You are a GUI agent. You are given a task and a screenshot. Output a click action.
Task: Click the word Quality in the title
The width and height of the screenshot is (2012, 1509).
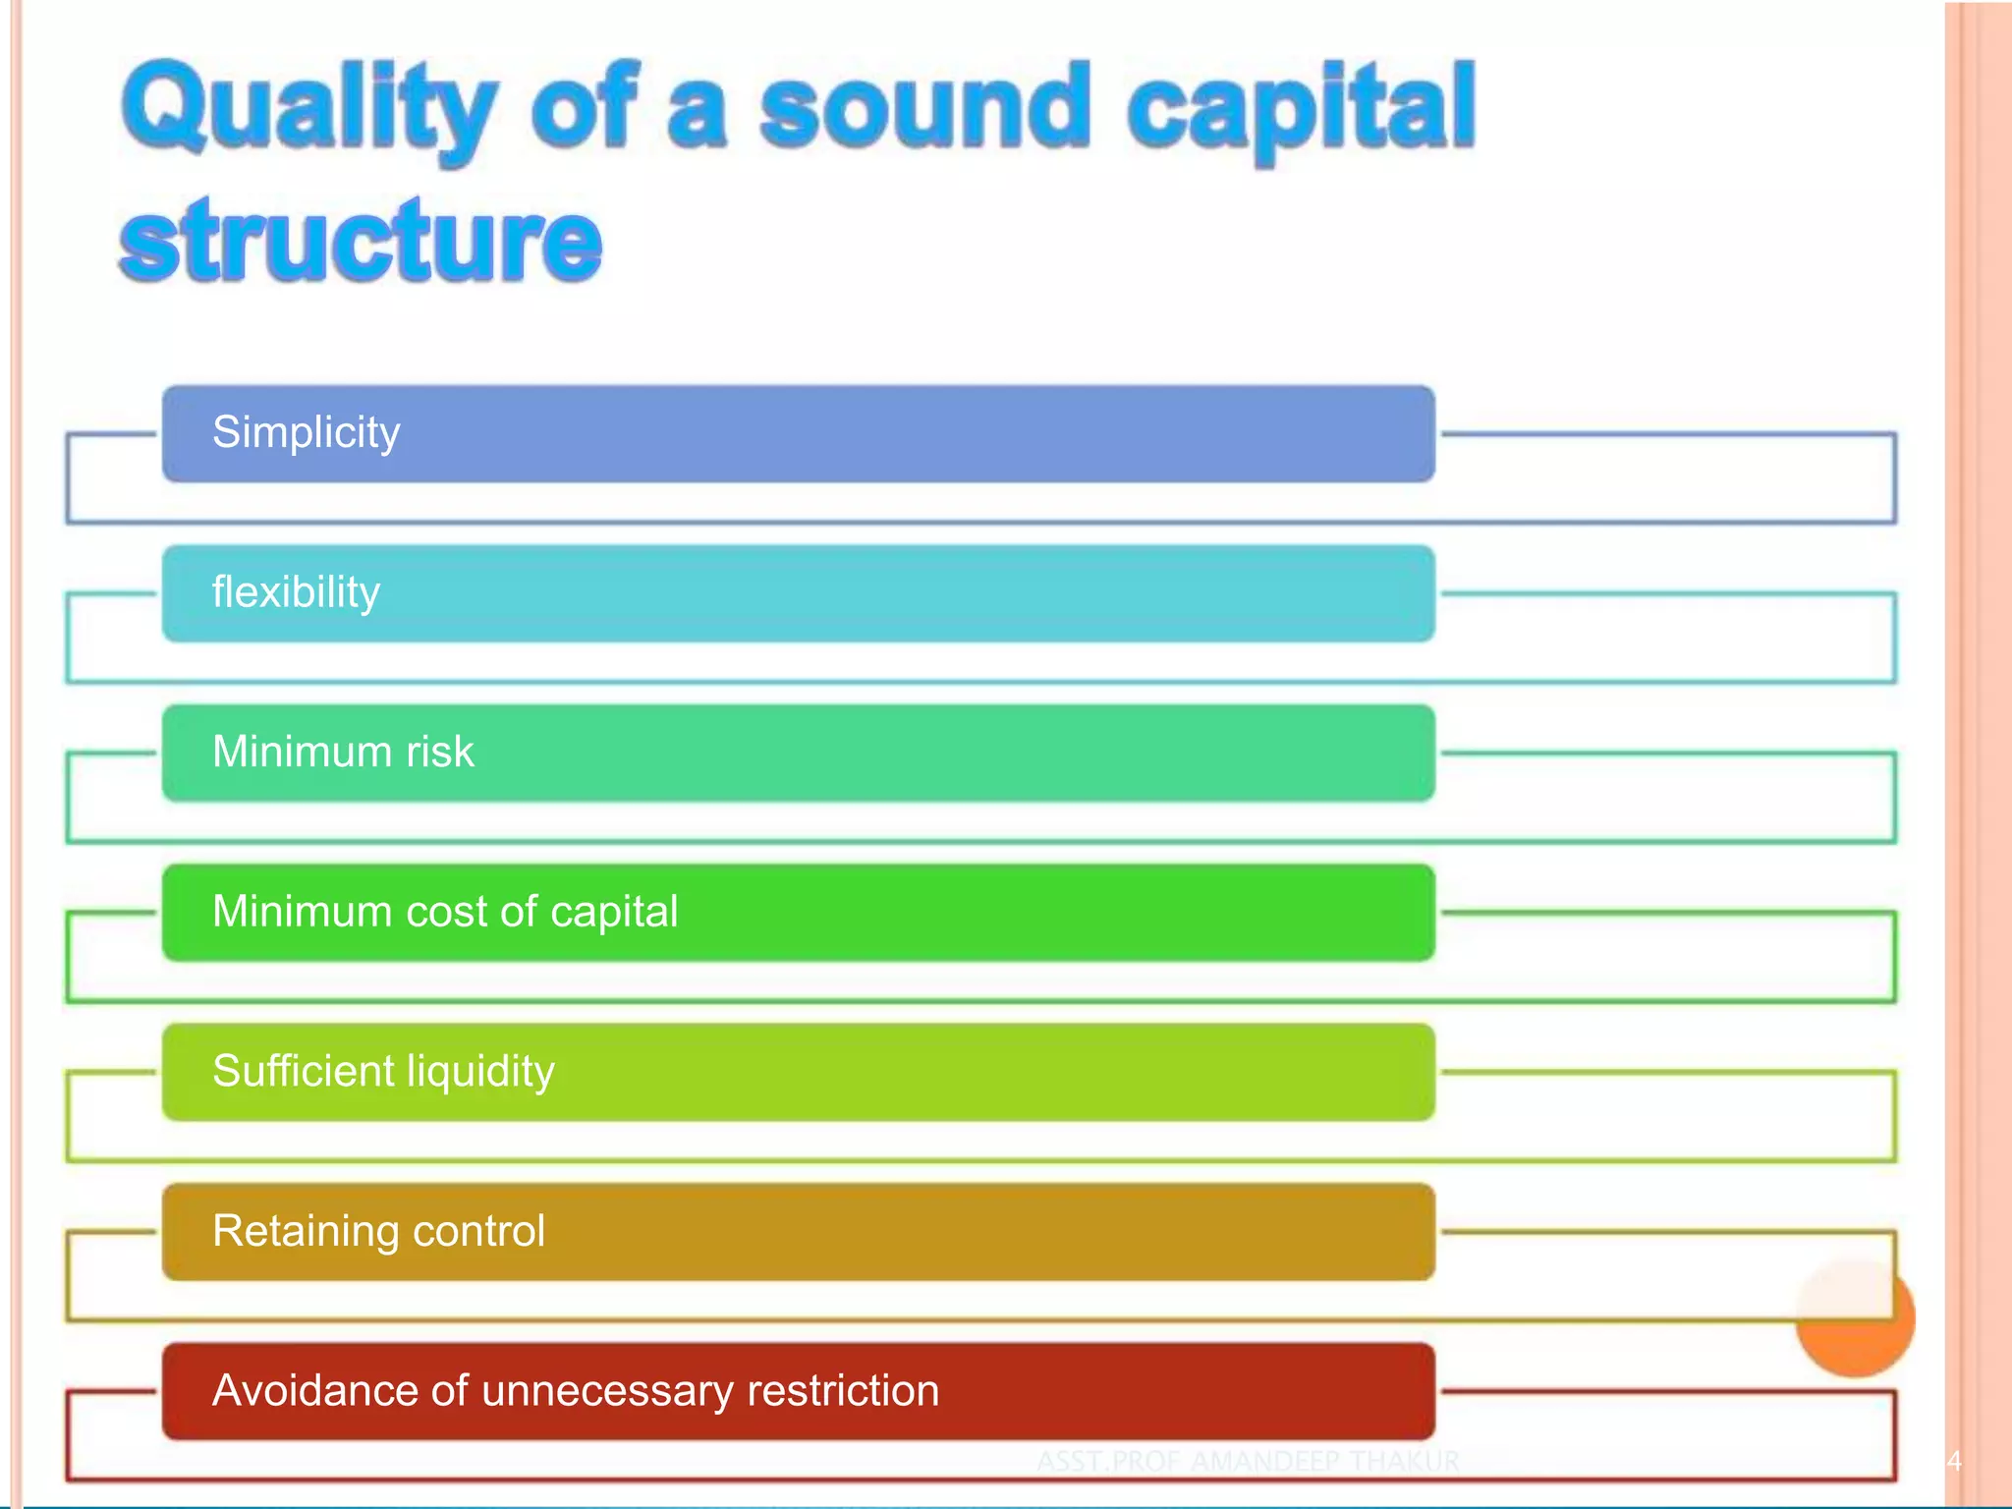[309, 110]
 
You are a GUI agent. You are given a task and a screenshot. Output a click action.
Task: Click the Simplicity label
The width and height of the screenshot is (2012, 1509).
[307, 433]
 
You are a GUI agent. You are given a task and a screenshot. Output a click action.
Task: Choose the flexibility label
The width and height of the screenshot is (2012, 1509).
[296, 592]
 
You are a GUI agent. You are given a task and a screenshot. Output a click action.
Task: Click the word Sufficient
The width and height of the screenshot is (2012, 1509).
[303, 1071]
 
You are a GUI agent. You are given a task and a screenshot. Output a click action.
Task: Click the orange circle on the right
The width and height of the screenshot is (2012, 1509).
[1855, 1318]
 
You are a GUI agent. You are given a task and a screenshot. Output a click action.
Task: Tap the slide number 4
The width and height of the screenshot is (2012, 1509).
[1954, 1461]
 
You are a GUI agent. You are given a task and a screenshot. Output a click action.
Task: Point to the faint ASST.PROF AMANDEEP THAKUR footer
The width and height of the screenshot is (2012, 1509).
[1248, 1461]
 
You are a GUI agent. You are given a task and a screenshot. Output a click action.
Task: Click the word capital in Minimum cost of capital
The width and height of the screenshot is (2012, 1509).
[614, 913]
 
